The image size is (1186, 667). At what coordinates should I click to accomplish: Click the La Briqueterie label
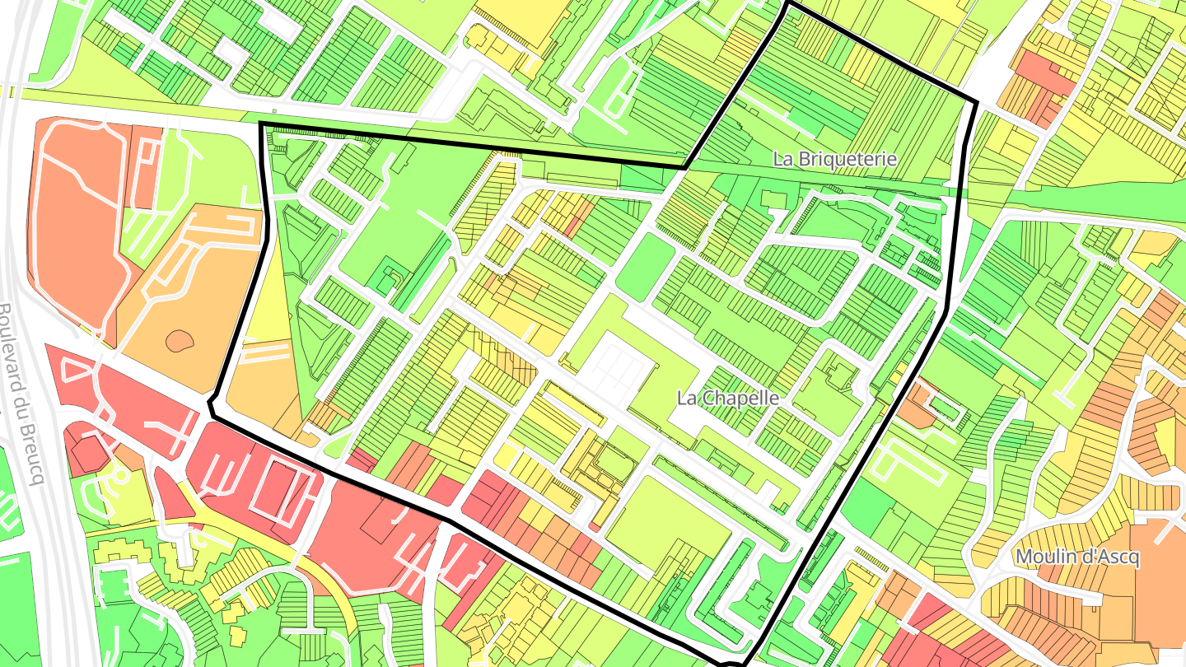click(834, 159)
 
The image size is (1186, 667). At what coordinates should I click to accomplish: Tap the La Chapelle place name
click(727, 398)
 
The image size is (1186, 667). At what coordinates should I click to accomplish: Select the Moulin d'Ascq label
click(1077, 557)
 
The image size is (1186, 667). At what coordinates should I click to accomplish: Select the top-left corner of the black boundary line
click(261, 124)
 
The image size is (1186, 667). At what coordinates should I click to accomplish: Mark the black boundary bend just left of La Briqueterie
click(685, 167)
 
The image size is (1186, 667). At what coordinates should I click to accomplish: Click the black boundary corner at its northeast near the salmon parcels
click(976, 103)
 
